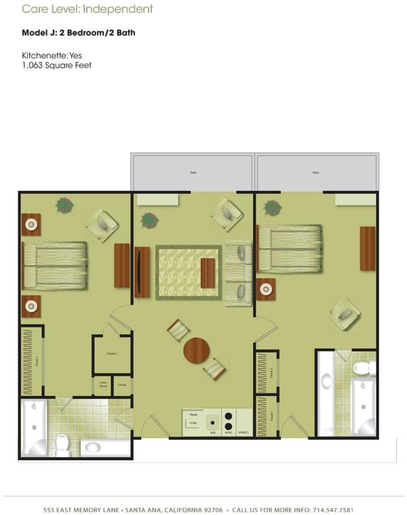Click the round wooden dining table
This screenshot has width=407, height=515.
(196, 350)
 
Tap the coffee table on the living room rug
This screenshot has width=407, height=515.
(208, 273)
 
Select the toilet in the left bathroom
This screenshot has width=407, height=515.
(62, 443)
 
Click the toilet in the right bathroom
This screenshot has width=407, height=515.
(363, 368)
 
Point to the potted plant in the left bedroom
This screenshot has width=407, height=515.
(65, 204)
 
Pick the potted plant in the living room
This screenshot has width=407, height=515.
(149, 220)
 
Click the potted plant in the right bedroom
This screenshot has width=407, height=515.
(273, 208)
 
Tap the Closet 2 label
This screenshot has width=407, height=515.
(112, 354)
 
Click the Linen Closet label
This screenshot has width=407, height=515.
(103, 384)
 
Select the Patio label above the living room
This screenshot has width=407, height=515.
(193, 172)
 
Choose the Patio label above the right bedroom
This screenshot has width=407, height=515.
(315, 172)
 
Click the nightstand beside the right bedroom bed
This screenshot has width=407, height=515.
(265, 289)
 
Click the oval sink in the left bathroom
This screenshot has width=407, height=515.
(92, 447)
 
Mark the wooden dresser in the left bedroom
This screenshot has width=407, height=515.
(121, 265)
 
